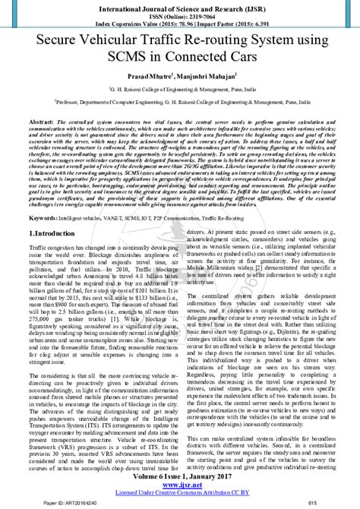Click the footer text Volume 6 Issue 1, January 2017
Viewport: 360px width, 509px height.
180,476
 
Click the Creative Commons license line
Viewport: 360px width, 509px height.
180,492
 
